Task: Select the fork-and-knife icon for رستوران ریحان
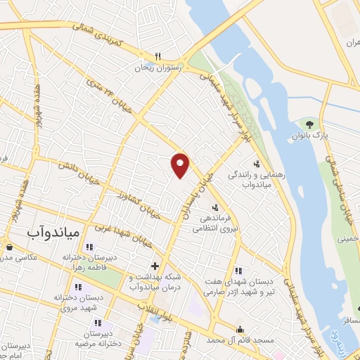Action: click(159, 57)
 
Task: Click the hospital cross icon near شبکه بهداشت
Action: click(155, 266)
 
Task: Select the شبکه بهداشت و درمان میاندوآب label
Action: click(153, 283)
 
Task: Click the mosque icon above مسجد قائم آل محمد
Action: click(240, 329)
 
